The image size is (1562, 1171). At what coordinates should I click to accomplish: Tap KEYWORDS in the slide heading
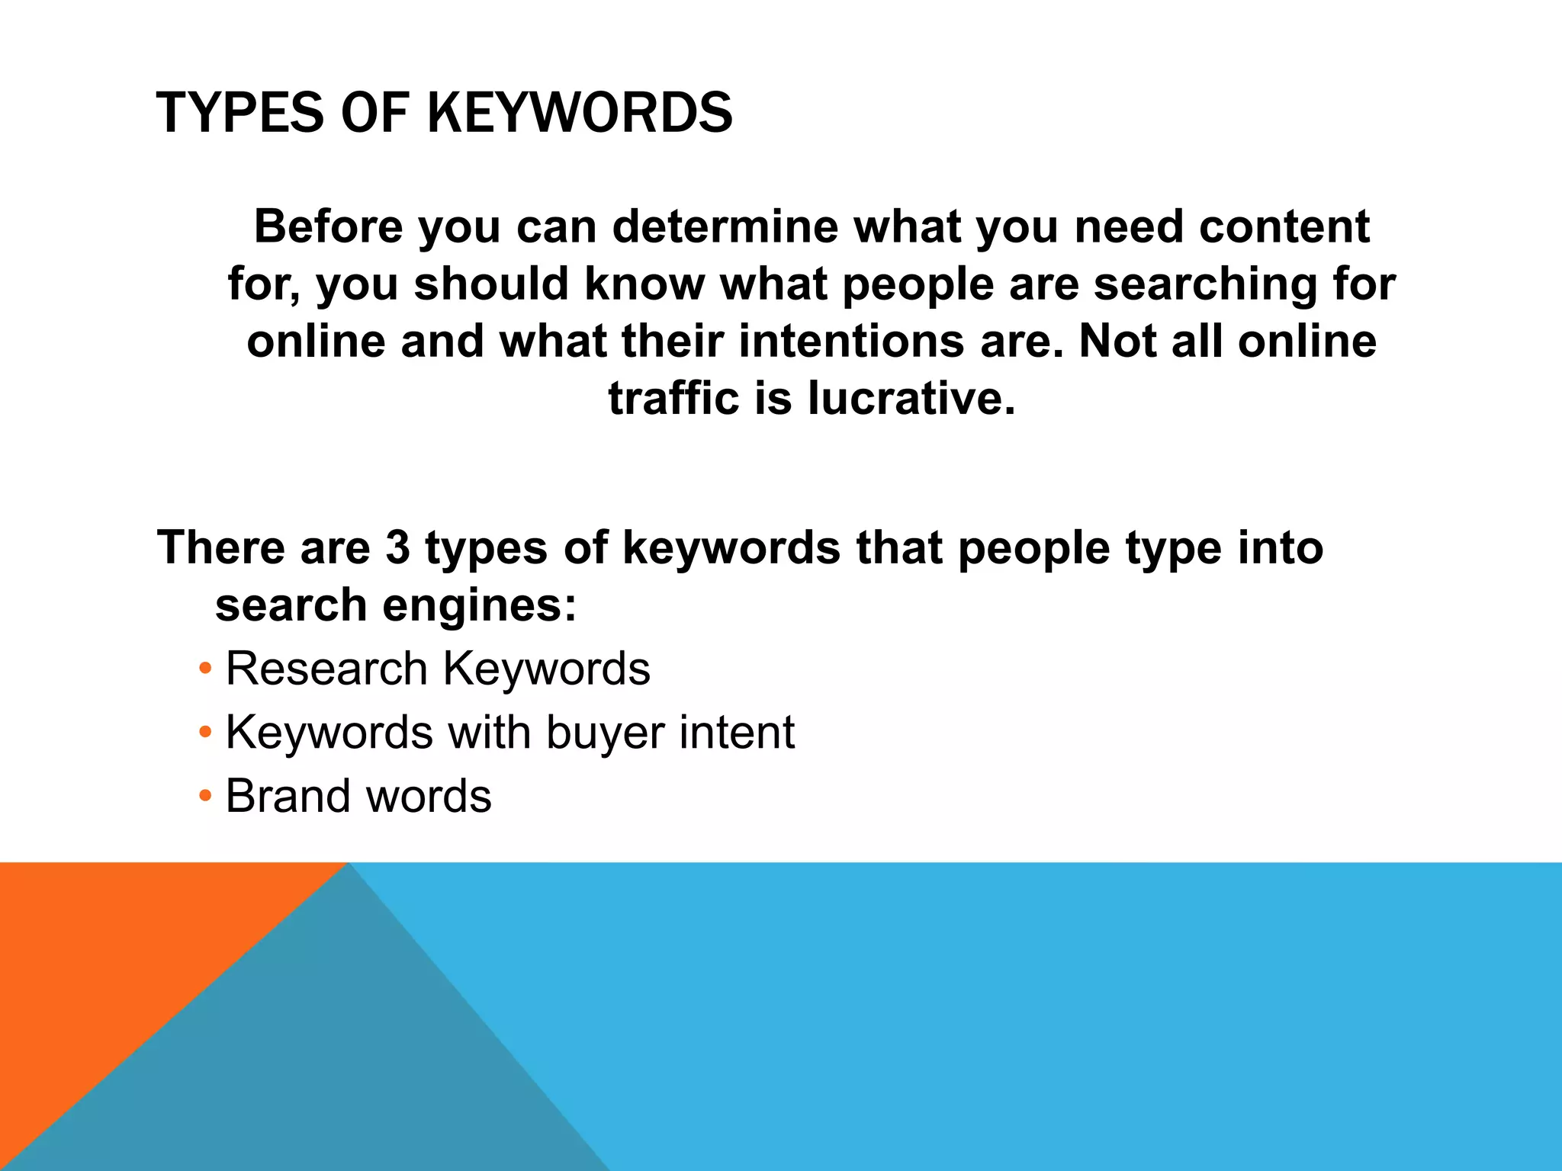pos(580,114)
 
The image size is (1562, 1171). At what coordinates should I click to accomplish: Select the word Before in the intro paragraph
pos(328,226)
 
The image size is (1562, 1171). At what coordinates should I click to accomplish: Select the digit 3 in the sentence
pos(397,547)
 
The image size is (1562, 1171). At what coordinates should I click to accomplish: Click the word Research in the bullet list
pos(326,669)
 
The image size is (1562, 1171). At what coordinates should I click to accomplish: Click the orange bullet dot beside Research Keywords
pos(204,669)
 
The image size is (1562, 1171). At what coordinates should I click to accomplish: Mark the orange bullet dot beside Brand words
pos(204,797)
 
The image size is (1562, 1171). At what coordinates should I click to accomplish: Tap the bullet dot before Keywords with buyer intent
pos(204,733)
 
